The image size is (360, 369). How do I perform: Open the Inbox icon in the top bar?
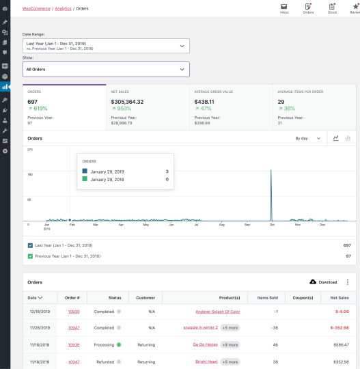pos(284,8)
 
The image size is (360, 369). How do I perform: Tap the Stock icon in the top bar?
pos(332,8)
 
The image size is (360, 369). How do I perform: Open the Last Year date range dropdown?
pos(106,46)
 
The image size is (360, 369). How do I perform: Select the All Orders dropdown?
pos(106,69)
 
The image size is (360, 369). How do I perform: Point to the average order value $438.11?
pos(207,101)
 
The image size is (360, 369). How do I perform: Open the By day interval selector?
pos(308,138)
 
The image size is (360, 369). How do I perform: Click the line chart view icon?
pos(335,138)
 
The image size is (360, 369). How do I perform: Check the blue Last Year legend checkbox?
pos(30,245)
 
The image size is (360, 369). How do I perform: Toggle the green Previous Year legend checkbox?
pos(30,256)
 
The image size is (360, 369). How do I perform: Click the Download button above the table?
pos(324,282)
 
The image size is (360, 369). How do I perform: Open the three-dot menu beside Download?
pos(347,282)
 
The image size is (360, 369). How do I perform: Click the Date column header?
pos(35,297)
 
